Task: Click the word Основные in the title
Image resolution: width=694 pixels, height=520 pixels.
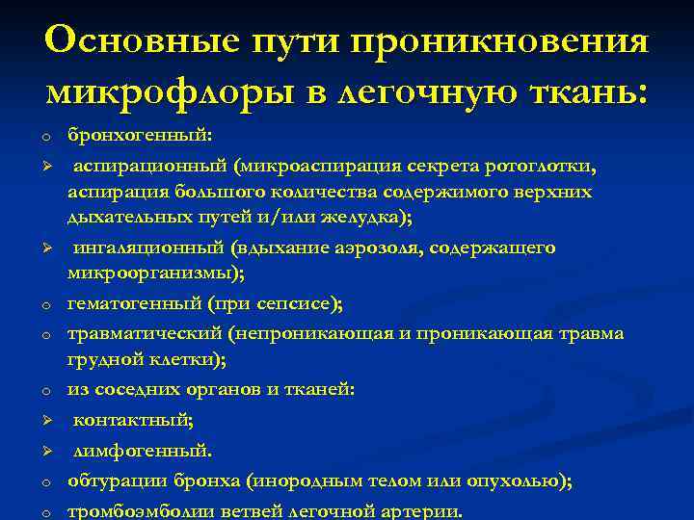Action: coord(144,41)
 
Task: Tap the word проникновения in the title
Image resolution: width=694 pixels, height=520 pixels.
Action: coord(500,41)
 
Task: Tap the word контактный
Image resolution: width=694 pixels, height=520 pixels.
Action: coord(133,420)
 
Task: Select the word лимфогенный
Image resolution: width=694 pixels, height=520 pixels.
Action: coord(143,450)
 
